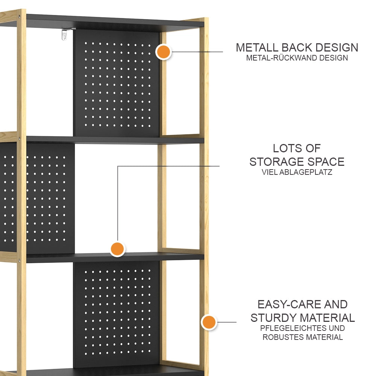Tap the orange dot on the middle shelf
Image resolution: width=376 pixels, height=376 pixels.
117,249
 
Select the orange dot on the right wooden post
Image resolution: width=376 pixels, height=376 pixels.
209,322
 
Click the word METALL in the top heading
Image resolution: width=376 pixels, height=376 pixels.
257,47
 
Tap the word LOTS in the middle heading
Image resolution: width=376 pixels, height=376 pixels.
285,148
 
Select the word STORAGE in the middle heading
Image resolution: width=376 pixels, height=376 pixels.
277,162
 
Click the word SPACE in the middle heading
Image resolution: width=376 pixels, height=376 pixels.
326,162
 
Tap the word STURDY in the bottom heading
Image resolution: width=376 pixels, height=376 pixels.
274,318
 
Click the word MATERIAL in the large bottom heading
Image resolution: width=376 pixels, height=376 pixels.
327,318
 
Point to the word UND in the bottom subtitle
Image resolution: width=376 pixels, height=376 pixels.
335,328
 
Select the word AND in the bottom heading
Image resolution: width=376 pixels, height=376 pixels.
336,304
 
